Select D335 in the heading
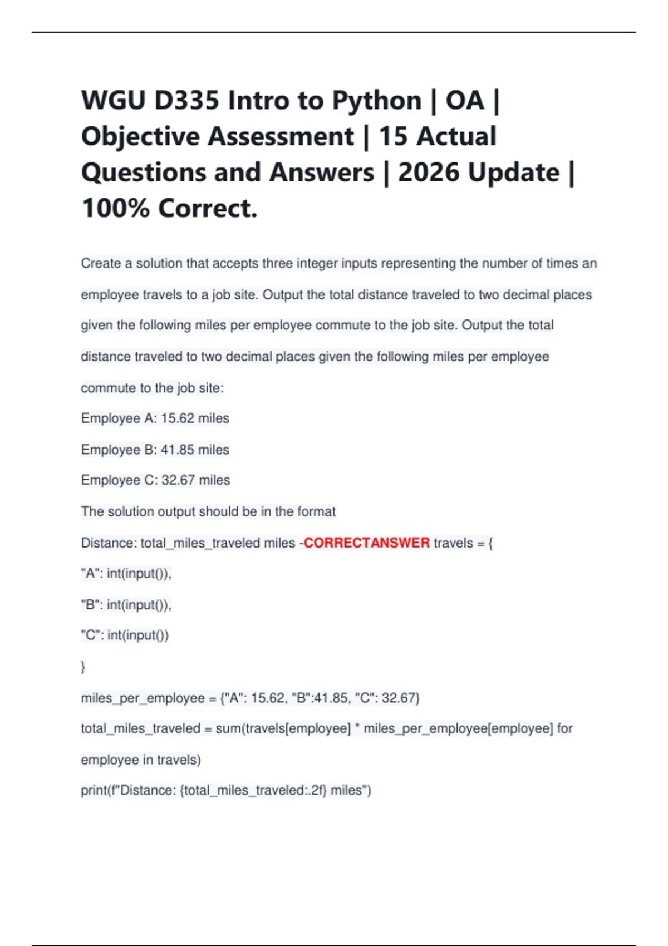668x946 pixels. coord(186,101)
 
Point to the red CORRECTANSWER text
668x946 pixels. coord(367,543)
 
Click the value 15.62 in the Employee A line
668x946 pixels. coord(178,418)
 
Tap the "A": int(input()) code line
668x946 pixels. coord(126,574)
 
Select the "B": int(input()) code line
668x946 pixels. coord(126,605)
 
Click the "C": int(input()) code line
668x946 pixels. coord(125,635)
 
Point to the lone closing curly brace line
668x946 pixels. coord(83,667)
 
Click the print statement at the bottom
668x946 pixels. coord(226,790)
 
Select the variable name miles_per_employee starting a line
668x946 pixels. coord(143,698)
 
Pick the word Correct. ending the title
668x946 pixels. coord(208,209)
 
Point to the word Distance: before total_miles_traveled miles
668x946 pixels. coord(109,543)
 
